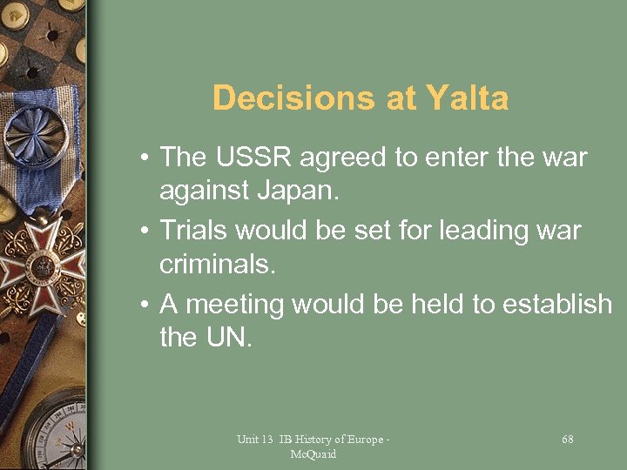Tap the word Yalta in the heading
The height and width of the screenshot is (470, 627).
(x=468, y=98)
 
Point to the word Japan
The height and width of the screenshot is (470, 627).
(x=293, y=191)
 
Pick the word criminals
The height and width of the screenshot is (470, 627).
(x=218, y=265)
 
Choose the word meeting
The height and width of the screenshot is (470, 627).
(x=235, y=305)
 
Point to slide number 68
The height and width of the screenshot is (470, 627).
(x=568, y=440)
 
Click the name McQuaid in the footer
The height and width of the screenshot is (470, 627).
(x=313, y=454)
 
